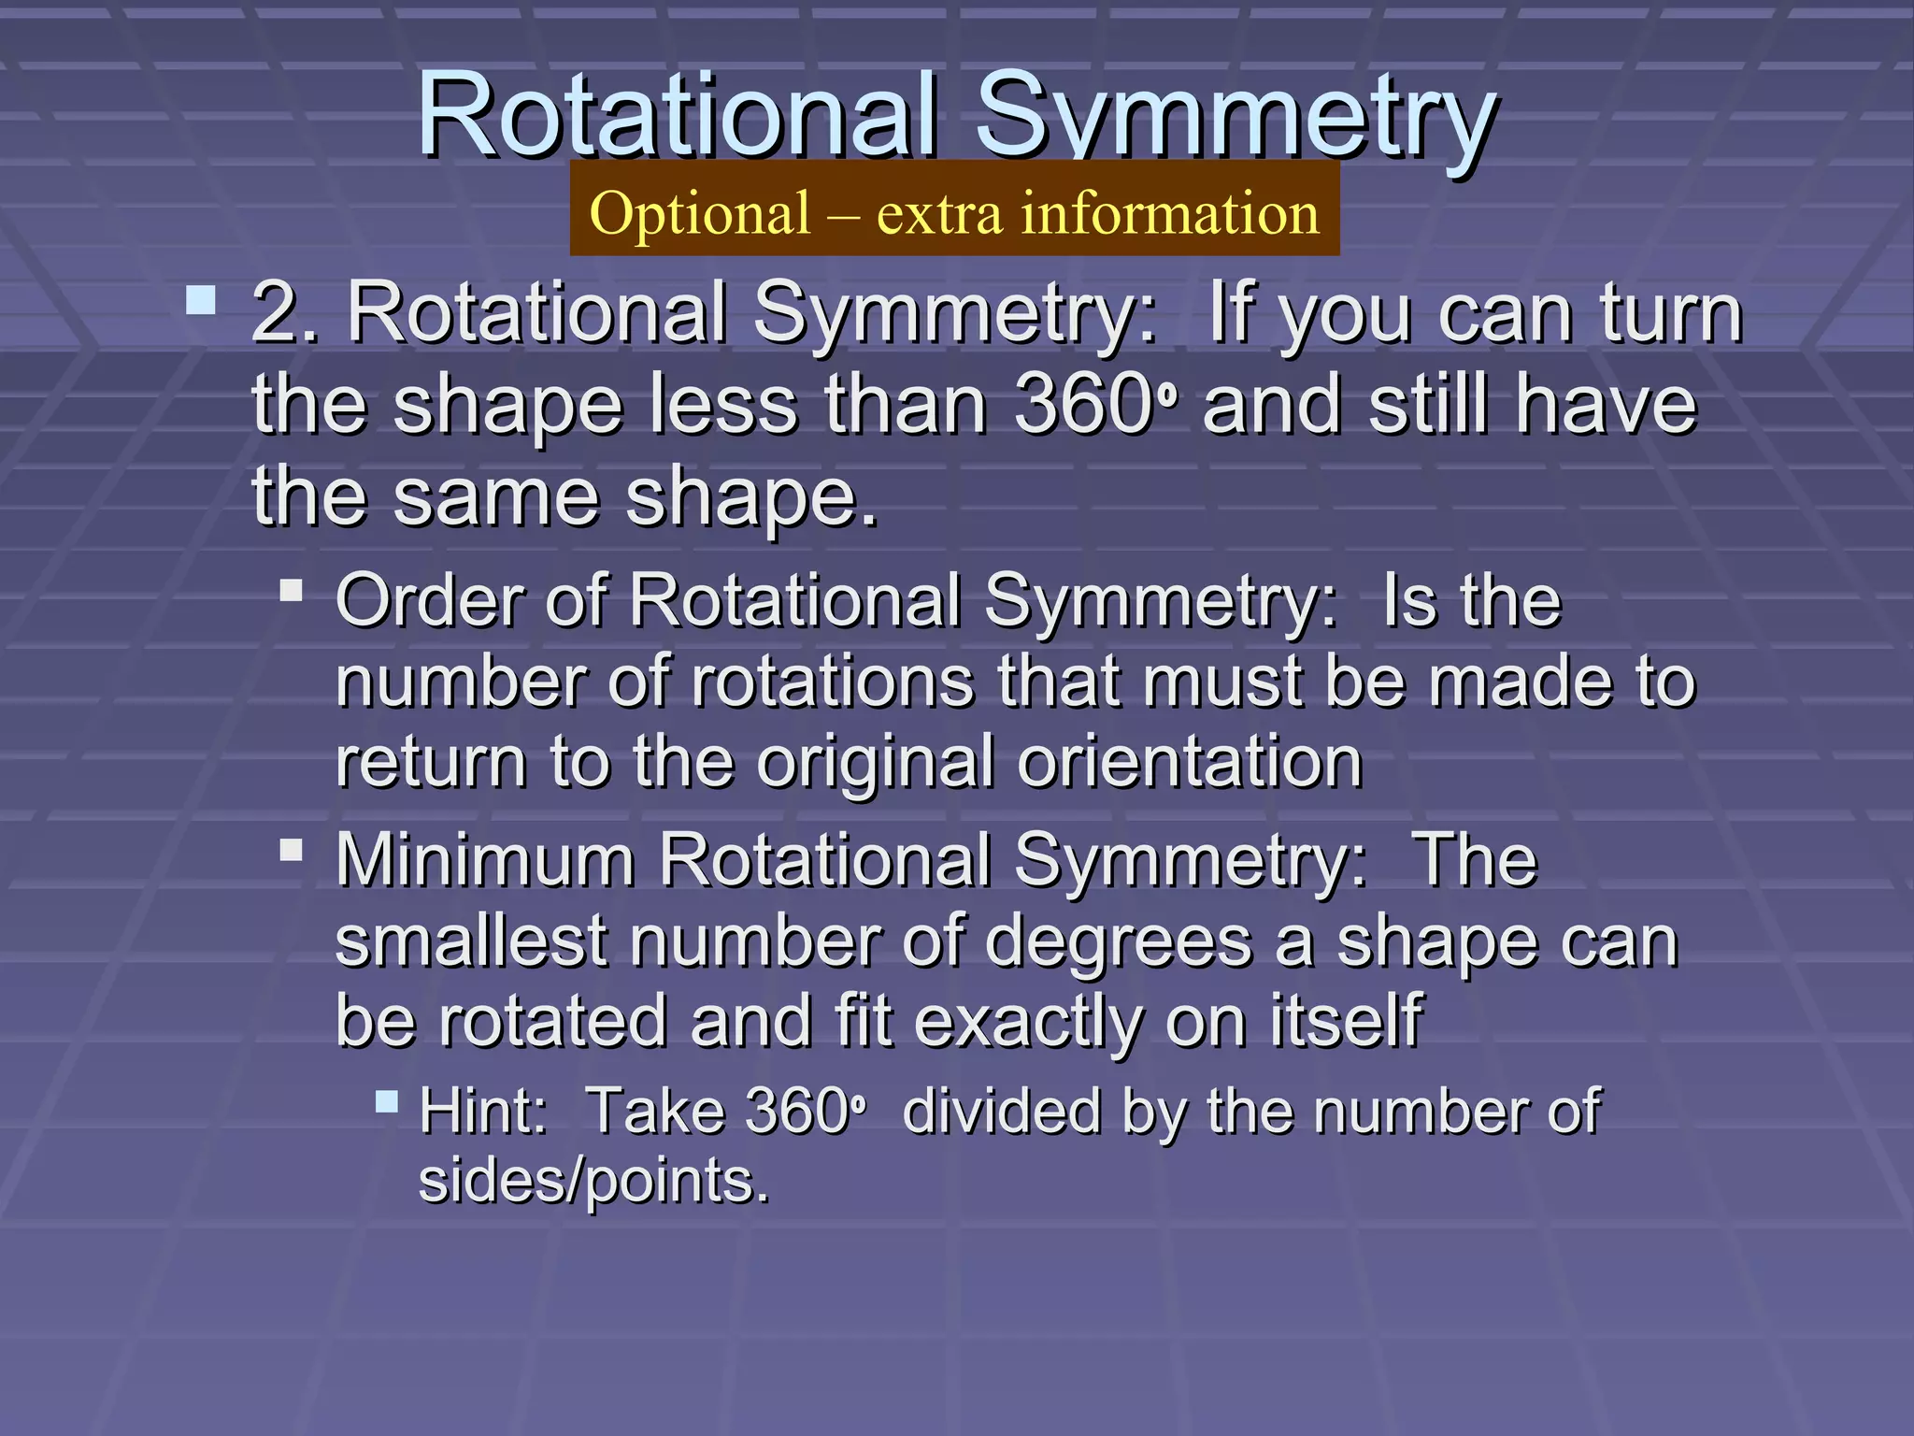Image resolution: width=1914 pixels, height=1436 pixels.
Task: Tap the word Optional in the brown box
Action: (700, 213)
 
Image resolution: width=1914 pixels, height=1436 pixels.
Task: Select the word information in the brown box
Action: (1169, 213)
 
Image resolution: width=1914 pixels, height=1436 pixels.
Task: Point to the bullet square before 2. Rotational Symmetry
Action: (201, 301)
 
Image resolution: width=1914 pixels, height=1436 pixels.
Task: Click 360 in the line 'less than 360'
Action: (1084, 405)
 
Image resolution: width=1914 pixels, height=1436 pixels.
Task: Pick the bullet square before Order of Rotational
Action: (292, 591)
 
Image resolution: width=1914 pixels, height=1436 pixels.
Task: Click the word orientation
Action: (1190, 761)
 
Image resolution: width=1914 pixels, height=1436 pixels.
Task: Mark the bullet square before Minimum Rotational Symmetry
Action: (292, 850)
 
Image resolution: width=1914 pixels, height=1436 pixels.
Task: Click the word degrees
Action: (1118, 942)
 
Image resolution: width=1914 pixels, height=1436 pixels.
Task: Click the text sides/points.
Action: (593, 1181)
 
